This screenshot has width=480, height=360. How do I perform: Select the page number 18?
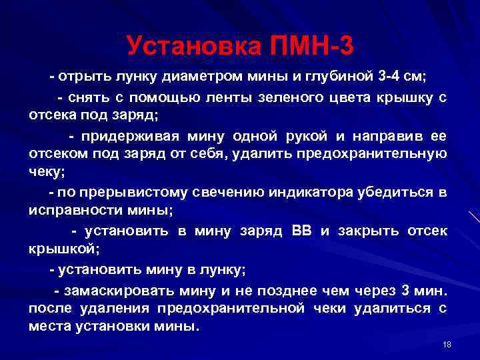point(447,344)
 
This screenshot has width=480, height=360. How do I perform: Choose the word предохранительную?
point(376,154)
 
